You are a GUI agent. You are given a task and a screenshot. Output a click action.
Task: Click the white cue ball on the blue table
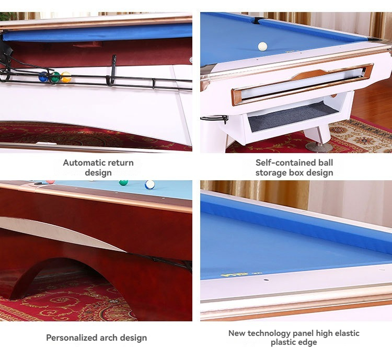262,47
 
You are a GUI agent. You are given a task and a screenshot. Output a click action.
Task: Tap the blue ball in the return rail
43,77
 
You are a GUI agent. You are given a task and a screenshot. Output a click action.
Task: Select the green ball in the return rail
55,77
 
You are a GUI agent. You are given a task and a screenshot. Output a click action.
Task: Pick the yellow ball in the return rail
66,77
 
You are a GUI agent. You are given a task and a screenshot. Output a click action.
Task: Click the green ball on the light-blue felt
123,183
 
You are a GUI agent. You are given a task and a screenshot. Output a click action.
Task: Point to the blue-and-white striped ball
150,185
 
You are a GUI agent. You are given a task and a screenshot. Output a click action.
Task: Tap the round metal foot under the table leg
319,147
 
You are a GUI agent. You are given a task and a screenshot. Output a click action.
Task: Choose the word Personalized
72,338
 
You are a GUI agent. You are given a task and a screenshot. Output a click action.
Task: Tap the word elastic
347,333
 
